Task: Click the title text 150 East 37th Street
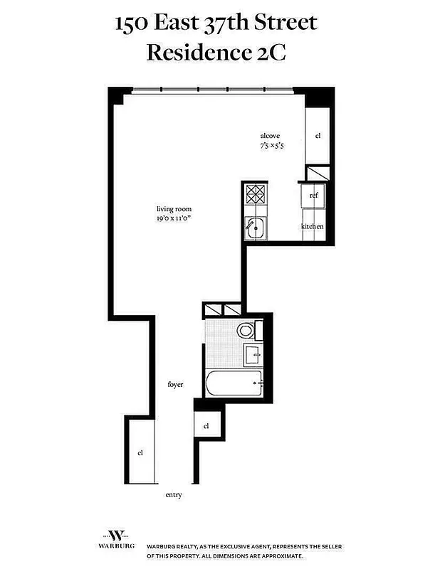pyautogui.click(x=216, y=23)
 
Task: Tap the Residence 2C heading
pyautogui.click(x=216, y=53)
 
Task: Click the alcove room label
pyautogui.click(x=269, y=135)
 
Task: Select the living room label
pyautogui.click(x=174, y=209)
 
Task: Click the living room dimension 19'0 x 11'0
pyautogui.click(x=174, y=218)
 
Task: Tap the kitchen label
pyautogui.click(x=312, y=226)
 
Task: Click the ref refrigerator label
pyautogui.click(x=313, y=194)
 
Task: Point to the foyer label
pyautogui.click(x=175, y=385)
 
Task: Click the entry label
pyautogui.click(x=174, y=494)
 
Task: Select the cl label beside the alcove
pyautogui.click(x=318, y=135)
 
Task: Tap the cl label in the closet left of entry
pyautogui.click(x=140, y=452)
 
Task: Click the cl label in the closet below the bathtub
pyautogui.click(x=206, y=426)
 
